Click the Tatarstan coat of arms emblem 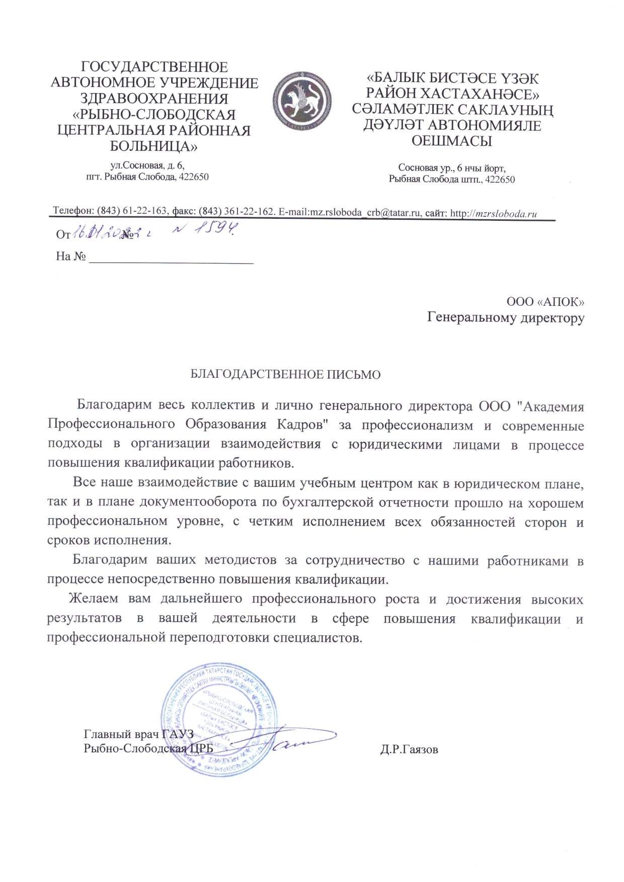302,99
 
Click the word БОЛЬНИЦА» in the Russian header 154,146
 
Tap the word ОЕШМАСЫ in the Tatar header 451,141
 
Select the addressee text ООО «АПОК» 545,301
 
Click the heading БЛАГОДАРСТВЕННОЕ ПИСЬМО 285,375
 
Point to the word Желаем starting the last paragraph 94,599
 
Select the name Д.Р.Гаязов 409,750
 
